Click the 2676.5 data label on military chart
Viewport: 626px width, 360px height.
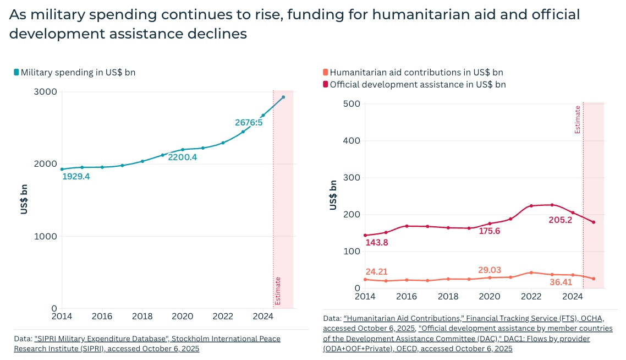pyautogui.click(x=249, y=122)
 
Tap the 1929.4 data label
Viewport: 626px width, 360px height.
pyautogui.click(x=76, y=177)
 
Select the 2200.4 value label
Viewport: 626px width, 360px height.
pyautogui.click(x=182, y=157)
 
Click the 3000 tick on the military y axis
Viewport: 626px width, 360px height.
pyautogui.click(x=46, y=92)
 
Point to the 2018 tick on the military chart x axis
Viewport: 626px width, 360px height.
pyautogui.click(x=142, y=317)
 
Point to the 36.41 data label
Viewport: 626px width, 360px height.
pyautogui.click(x=562, y=282)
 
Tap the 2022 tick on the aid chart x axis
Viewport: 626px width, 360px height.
pyautogui.click(x=531, y=296)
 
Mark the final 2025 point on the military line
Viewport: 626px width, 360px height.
pyautogui.click(x=283, y=97)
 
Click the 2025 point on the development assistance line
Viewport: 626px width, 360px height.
pyautogui.click(x=594, y=222)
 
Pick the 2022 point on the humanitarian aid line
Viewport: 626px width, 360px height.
pyautogui.click(x=531, y=272)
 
